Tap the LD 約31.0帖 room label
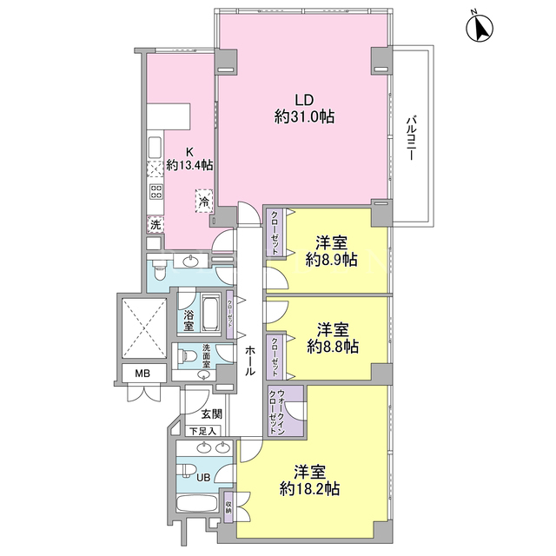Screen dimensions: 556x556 pos(305,109)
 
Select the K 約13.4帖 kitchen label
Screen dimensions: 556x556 pos(189,158)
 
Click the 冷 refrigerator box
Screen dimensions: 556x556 pos(204,201)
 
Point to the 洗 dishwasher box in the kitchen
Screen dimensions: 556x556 pos(156,224)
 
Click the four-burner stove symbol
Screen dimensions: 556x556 pos(156,191)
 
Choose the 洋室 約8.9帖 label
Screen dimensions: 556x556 pos(331,251)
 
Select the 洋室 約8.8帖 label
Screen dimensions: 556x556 pos(332,338)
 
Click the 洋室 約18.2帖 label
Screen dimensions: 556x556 pos(309,480)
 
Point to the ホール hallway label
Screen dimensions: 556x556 pos(250,361)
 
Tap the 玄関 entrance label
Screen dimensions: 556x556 pos(212,414)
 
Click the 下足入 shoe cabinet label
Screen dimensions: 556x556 pos(202,431)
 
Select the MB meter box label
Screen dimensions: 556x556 pos(142,373)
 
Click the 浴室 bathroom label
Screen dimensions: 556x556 pos(189,320)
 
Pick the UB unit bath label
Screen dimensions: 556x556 pos(203,477)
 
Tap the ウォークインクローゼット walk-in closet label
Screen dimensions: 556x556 pos(277,412)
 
